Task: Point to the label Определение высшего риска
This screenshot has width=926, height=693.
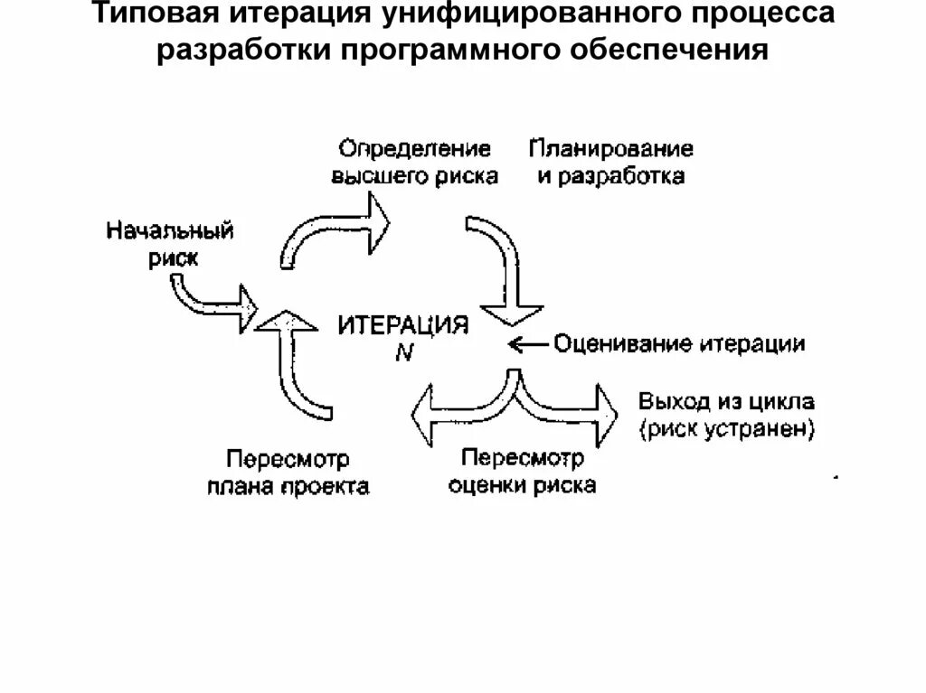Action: tap(415, 162)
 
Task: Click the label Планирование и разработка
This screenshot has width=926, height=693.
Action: tap(611, 162)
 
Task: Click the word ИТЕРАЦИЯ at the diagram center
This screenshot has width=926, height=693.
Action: tap(403, 326)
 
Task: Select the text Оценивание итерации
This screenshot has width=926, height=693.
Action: tap(679, 344)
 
